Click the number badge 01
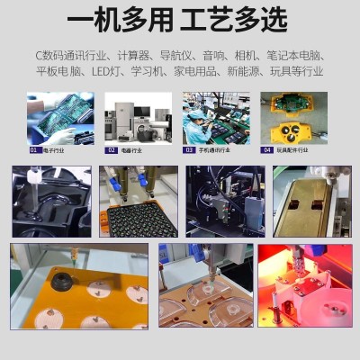[34, 150]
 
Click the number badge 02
[112, 150]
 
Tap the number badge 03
[190, 150]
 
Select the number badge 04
[267, 150]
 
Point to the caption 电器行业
[131, 150]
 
